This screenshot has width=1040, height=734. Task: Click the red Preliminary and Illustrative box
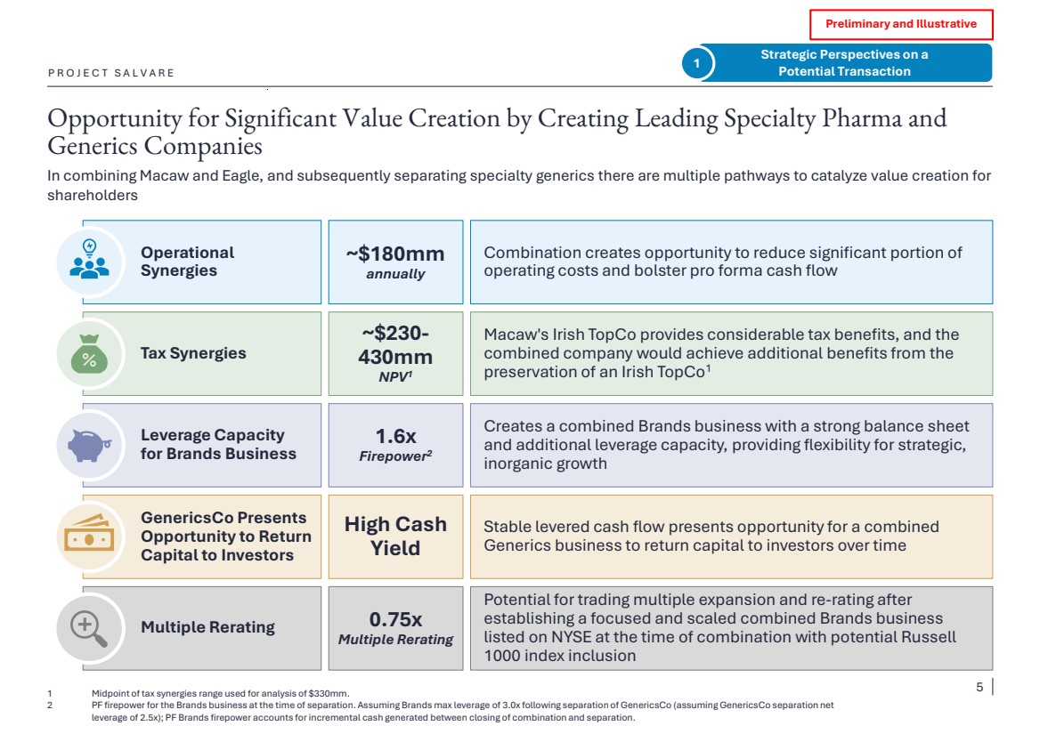coord(900,24)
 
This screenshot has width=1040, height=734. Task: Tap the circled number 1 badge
coord(696,63)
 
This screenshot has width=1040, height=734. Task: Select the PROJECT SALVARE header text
coord(111,73)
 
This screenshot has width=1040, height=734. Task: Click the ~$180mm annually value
coord(395,262)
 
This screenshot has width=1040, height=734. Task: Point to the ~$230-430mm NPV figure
coord(395,353)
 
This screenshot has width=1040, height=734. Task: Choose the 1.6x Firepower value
coord(395,445)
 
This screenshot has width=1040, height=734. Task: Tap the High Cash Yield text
coord(395,536)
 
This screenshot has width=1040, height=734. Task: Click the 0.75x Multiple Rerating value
coord(395,628)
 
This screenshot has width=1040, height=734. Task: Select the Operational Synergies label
coord(187,262)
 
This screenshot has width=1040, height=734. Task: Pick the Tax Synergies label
coord(193,353)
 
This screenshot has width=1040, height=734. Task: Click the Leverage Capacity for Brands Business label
coord(218,445)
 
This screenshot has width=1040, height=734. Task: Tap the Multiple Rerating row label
coord(207,627)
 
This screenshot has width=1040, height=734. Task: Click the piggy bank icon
coord(88,444)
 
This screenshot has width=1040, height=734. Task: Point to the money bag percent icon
coord(88,353)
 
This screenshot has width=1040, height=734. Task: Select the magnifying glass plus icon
coord(88,628)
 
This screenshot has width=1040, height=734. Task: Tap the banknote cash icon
coord(88,536)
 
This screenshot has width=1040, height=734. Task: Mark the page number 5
coord(979,687)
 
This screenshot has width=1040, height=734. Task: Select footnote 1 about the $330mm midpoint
coord(220,694)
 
